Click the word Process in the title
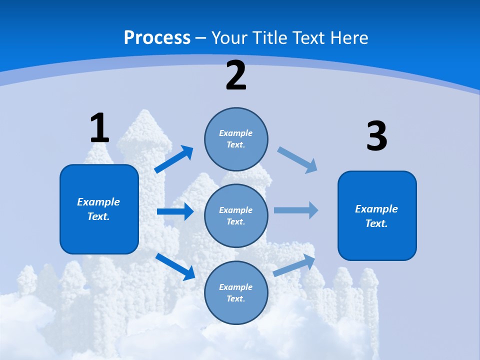[x=157, y=37]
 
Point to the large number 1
[x=99, y=128]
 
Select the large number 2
[x=236, y=76]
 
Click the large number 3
[x=376, y=136]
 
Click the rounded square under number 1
[x=99, y=209]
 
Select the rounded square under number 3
[x=377, y=215]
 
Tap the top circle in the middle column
[x=236, y=139]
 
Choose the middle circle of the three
[x=236, y=215]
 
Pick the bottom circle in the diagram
[x=236, y=292]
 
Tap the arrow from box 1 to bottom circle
[x=175, y=266]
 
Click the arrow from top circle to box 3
[x=297, y=159]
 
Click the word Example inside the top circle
[x=236, y=133]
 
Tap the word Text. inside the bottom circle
[x=236, y=298]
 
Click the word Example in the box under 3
[x=376, y=209]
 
